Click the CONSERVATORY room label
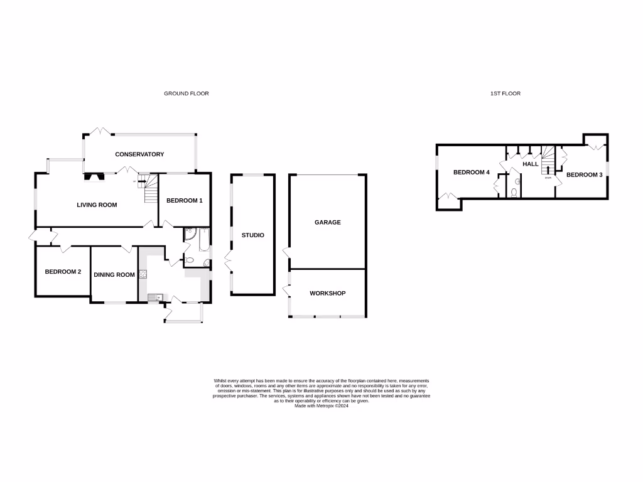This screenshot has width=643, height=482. pos(139,154)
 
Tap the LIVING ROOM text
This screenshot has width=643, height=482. pos(97,205)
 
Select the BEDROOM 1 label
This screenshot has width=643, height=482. pos(184,201)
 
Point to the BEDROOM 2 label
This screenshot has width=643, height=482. pos(63,272)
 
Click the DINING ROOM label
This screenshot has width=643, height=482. pos(114,275)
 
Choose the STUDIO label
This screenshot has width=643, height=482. pos(253,235)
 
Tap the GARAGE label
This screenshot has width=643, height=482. pos(328,222)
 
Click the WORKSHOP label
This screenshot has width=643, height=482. pos(327,293)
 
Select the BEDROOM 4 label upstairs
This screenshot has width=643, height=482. pos(471,173)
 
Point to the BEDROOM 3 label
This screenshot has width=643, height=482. pos(585,175)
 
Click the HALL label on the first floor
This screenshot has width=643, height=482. pos(531,164)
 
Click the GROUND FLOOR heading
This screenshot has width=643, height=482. pos(186,94)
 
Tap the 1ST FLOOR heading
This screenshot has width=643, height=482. pos(505,94)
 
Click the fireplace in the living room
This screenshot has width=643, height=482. pos(95,176)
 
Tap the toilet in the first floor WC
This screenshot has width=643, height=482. pos(514,193)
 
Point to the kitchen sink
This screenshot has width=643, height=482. pos(153,297)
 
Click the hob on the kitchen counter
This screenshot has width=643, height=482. pos(143,274)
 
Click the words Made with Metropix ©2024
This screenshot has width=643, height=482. pos(321,406)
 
